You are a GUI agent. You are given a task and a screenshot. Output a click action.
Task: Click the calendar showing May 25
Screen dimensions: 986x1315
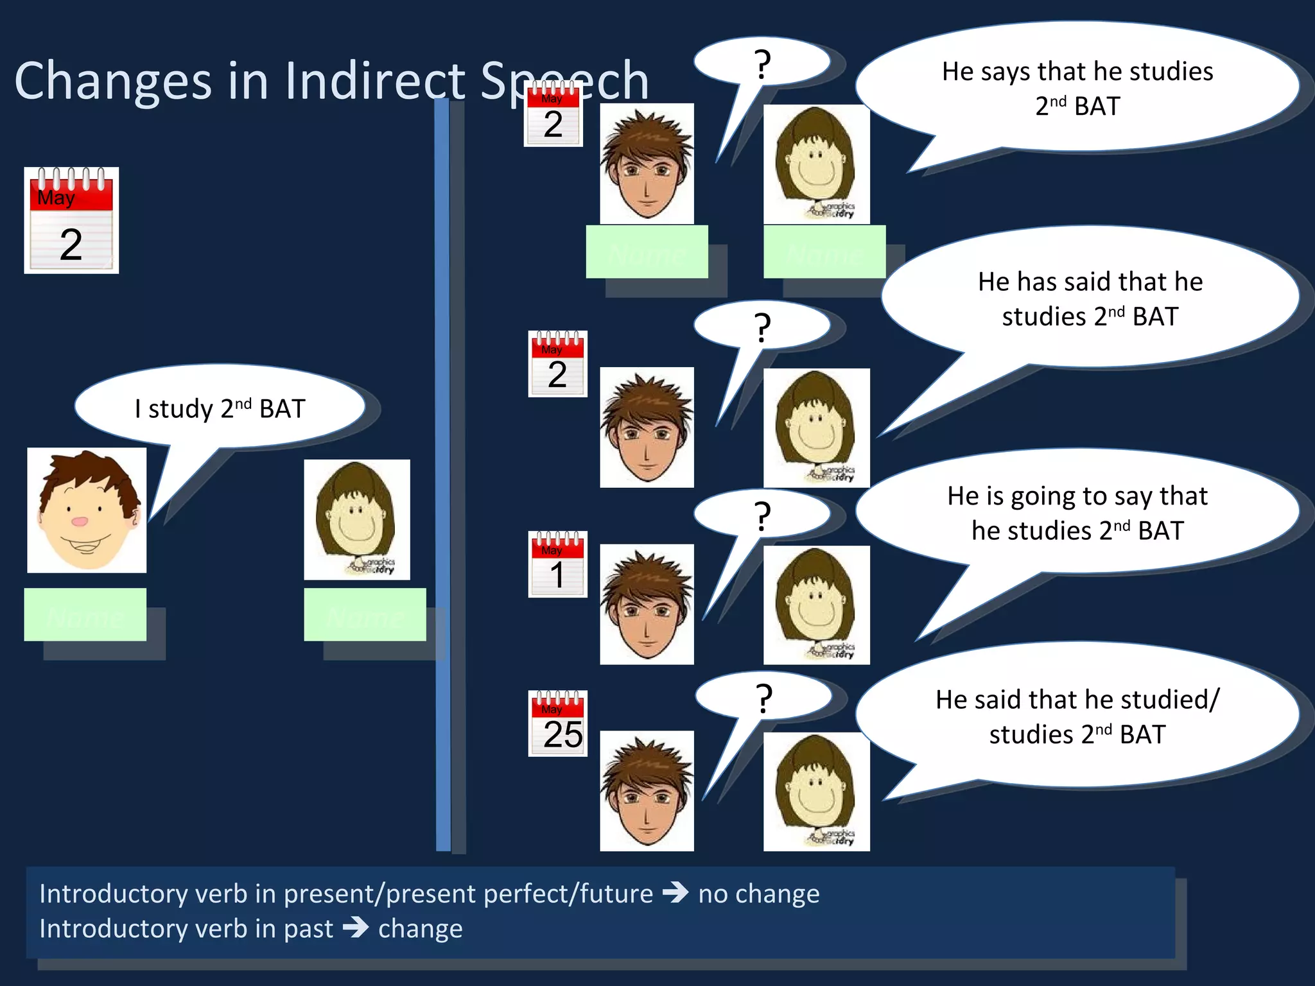[x=557, y=723]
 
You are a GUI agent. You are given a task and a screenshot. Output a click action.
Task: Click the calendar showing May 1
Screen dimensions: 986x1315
[x=557, y=564]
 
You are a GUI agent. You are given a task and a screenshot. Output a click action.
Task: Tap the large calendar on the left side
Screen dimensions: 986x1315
[x=71, y=220]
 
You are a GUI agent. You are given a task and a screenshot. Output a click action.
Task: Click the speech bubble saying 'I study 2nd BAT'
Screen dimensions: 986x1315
[x=220, y=408]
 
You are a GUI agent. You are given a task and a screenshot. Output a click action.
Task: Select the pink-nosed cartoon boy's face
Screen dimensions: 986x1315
[x=87, y=510]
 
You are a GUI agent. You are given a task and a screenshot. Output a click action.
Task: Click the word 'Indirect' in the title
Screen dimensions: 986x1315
[x=375, y=82]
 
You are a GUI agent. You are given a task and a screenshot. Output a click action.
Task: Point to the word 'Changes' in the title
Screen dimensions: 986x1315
[x=113, y=82]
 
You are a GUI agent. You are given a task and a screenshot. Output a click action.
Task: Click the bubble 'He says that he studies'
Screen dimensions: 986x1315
[x=1077, y=89]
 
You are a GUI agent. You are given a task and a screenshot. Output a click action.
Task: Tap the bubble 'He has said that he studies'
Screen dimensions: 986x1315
[x=1090, y=299]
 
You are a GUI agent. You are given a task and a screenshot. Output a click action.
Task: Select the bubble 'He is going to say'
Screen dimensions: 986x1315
[x=1077, y=513]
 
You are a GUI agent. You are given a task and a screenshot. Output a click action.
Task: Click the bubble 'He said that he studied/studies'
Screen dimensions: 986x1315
[x=1077, y=716]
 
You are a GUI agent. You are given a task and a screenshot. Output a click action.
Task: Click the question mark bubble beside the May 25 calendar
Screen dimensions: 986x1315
[x=763, y=697]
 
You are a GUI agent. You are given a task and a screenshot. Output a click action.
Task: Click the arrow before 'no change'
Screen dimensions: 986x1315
[x=675, y=893]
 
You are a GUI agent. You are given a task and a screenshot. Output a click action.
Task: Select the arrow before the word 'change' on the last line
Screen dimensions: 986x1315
[x=355, y=928]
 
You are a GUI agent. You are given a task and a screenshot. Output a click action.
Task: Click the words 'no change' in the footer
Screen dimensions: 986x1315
[x=759, y=894]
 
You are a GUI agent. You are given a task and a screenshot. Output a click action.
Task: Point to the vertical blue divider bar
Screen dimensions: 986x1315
[x=442, y=475]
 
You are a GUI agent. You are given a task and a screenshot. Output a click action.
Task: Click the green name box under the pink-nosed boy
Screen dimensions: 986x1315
[x=85, y=614]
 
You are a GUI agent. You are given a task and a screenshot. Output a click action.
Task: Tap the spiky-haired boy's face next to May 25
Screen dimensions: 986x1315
[x=647, y=791]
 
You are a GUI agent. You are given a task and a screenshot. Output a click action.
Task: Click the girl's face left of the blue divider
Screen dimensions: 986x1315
[x=356, y=519]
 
